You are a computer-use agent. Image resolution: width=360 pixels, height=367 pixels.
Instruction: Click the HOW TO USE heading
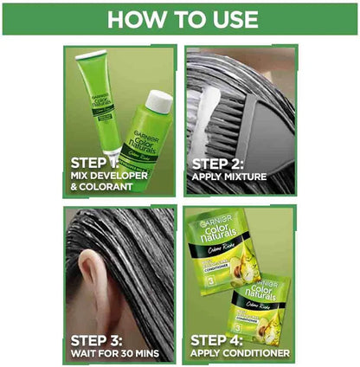181,18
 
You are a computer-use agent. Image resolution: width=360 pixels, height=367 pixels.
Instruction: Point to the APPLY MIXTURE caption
238,177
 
